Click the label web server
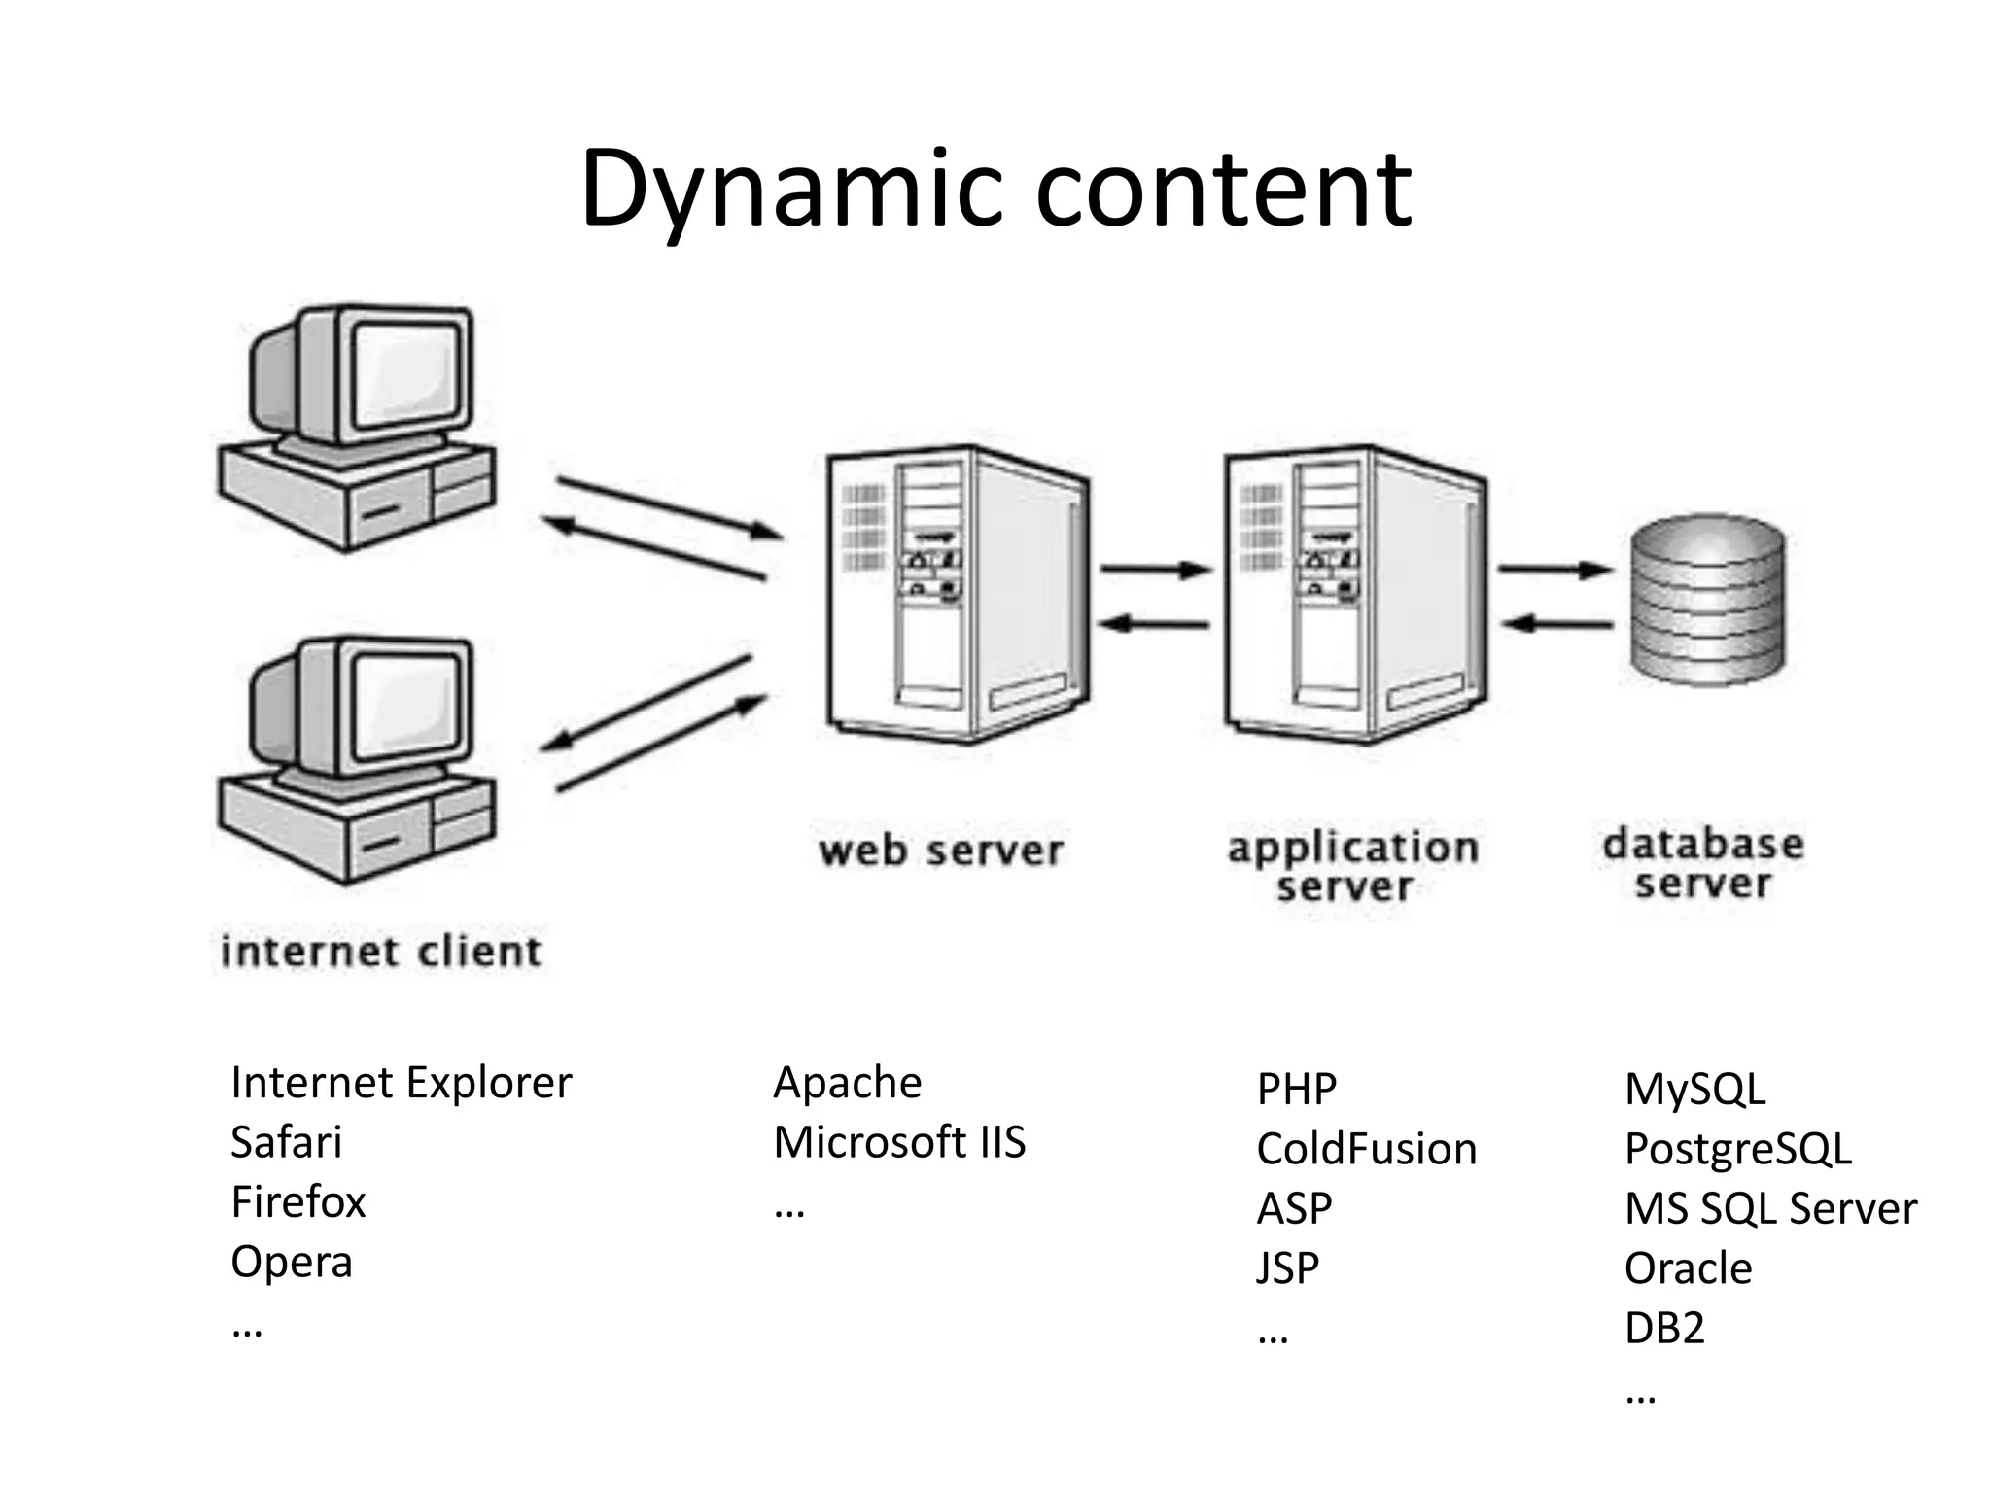pos(940,851)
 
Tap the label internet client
pos(381,951)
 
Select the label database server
pos(1703,863)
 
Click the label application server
pos(1351,865)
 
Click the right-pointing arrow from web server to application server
pos(1155,570)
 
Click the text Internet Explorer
pos(401,1082)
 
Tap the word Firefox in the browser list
pos(297,1201)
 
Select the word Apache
pos(847,1082)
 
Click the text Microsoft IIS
pos(899,1142)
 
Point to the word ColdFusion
pos(1366,1149)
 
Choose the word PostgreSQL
pos(1737,1149)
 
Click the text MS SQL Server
pos(1769,1208)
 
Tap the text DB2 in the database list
pos(1663,1328)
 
